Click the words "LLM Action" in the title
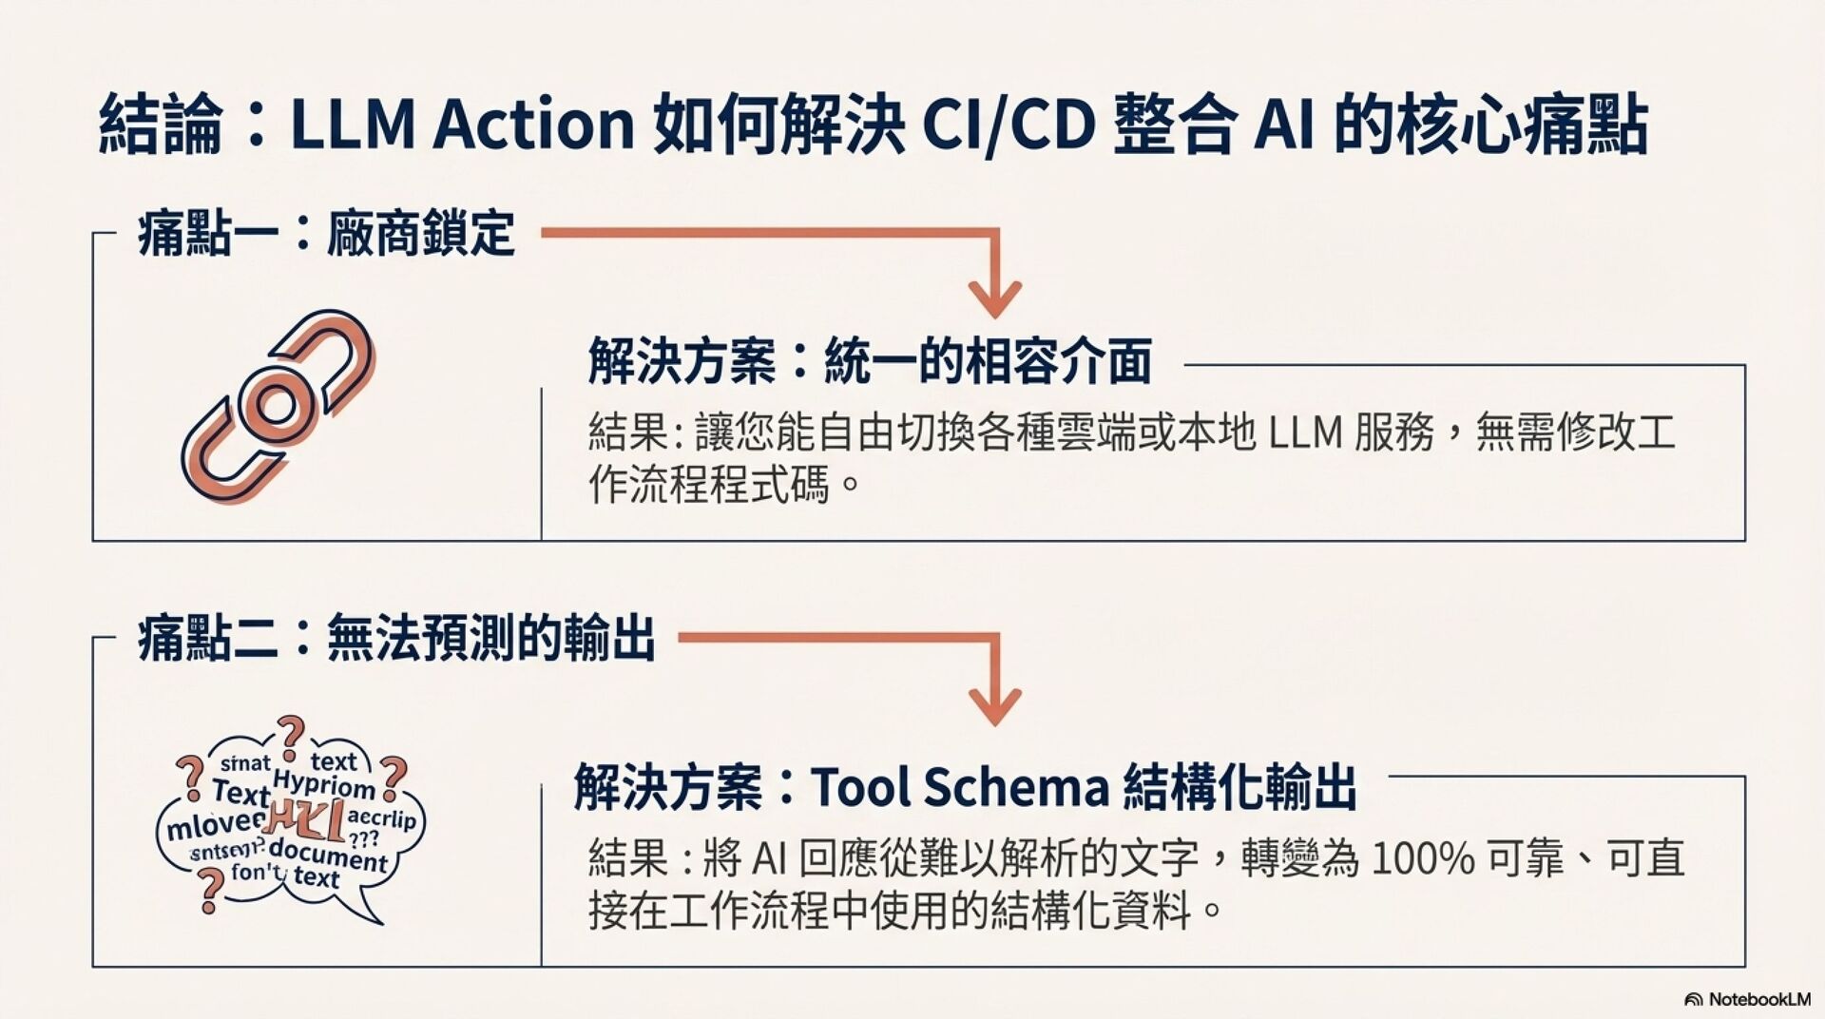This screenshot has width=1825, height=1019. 462,124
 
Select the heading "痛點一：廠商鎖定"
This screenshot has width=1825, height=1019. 326,234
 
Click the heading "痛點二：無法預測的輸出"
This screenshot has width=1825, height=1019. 396,638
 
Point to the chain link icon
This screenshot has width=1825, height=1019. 278,406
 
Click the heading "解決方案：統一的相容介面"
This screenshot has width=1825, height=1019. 870,361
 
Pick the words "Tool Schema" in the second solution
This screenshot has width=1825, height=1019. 960,787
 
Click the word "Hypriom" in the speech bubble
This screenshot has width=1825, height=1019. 323,785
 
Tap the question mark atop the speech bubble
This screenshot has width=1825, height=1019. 290,733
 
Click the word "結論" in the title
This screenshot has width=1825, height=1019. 160,124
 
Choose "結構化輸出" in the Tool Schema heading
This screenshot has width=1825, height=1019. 1239,787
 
